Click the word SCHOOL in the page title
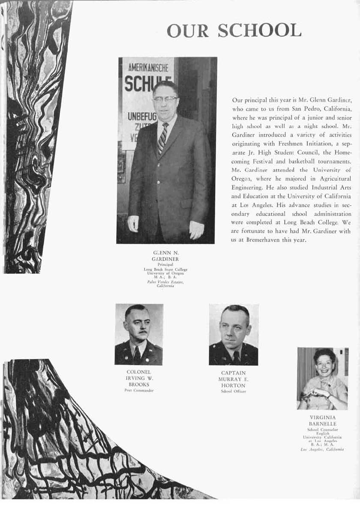click(259, 31)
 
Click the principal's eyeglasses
click(165, 99)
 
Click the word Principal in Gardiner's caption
click(165, 265)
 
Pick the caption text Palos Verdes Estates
click(165, 282)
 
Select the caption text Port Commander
click(138, 390)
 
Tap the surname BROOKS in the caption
click(138, 384)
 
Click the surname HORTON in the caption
click(233, 386)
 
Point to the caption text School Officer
click(233, 392)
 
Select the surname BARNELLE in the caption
click(322, 423)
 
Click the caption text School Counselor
click(322, 429)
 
